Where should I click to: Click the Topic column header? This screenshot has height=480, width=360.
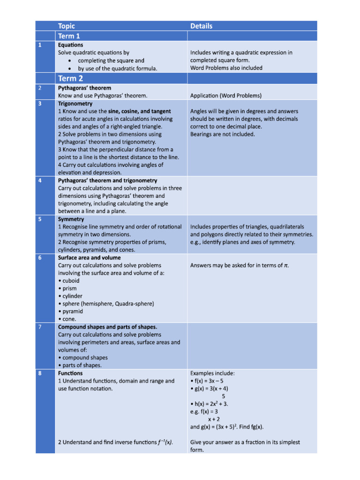[66, 26]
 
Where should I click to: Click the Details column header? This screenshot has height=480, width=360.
[201, 26]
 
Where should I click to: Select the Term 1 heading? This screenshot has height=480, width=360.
[69, 36]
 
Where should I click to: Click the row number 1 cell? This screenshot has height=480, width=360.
[40, 45]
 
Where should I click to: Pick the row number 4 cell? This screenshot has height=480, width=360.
[40, 180]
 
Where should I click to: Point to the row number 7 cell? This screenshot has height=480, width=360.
[40, 327]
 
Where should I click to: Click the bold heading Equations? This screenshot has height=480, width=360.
[70, 45]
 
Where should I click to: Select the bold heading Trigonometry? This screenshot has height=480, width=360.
[75, 103]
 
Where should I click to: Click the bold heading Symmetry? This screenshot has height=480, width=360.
[71, 219]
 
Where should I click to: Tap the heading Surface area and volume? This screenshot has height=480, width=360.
[89, 257]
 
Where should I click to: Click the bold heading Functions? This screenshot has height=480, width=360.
[70, 373]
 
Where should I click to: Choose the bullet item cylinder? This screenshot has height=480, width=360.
[70, 296]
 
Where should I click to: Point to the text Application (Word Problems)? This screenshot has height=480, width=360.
[226, 96]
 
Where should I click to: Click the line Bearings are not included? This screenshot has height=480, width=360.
[223, 134]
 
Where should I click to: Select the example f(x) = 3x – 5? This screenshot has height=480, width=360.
[207, 381]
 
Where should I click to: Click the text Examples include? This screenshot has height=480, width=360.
[212, 373]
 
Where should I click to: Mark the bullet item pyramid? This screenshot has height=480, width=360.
[70, 311]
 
